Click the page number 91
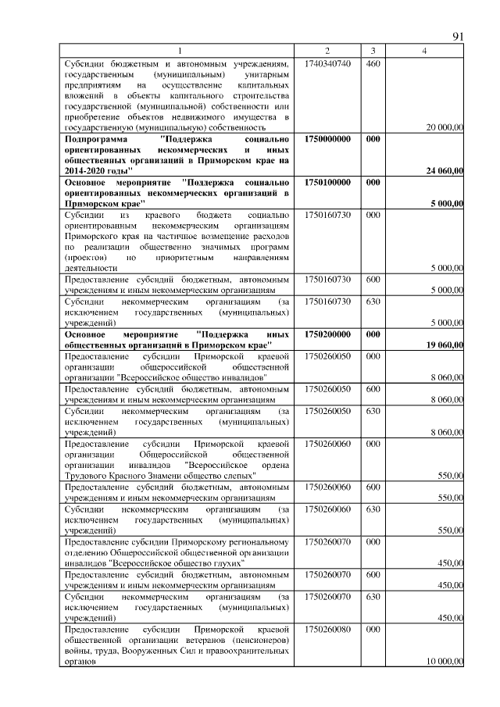tap(459, 37)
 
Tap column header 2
tap(327, 51)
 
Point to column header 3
tap(373, 51)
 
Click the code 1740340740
tap(327, 62)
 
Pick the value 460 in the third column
tap(373, 62)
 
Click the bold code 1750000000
tap(327, 138)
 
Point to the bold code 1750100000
tap(327, 182)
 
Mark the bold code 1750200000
tap(327, 334)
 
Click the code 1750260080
tap(327, 628)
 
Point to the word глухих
tap(226, 562)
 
